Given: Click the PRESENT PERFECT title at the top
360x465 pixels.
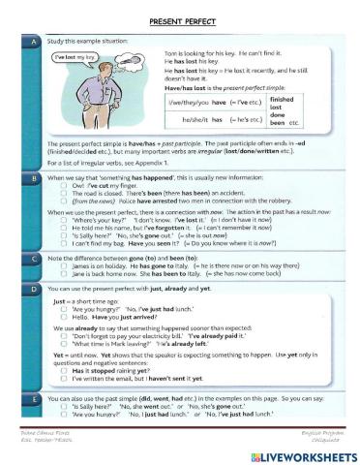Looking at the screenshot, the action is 180,19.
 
